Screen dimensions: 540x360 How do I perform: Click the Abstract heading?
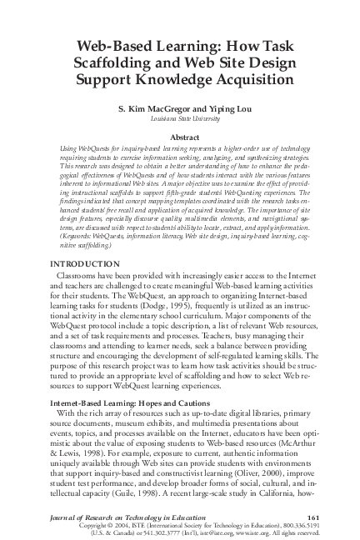180,136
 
